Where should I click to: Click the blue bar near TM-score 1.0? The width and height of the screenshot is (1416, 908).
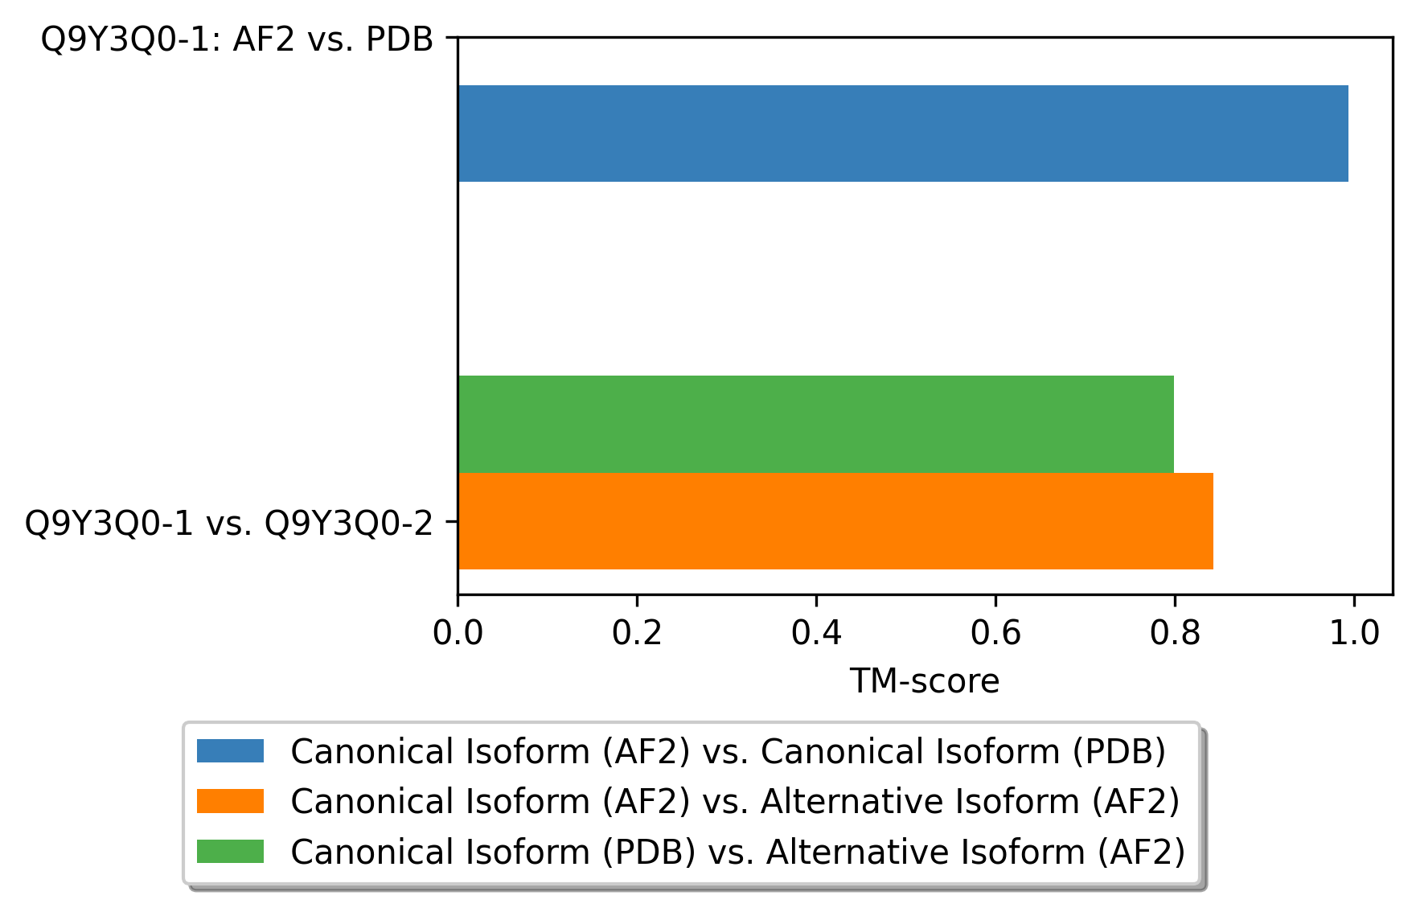click(903, 134)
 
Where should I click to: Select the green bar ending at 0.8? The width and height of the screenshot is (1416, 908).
click(816, 424)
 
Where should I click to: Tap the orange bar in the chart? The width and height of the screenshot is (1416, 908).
click(835, 521)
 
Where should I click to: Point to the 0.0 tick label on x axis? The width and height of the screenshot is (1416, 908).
click(458, 634)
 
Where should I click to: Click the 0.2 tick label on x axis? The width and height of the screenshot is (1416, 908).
click(637, 634)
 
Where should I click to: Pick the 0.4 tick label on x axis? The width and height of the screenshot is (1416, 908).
click(816, 634)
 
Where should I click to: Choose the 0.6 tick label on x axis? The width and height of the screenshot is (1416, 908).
click(995, 634)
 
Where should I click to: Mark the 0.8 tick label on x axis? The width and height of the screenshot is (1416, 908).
click(1175, 634)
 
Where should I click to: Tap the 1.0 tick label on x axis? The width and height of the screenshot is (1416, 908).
click(1354, 634)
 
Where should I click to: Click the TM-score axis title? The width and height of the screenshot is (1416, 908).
click(925, 681)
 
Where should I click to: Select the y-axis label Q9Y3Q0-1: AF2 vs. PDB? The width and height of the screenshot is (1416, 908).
click(237, 39)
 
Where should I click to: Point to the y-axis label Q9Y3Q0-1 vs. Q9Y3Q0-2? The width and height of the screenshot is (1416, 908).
click(229, 524)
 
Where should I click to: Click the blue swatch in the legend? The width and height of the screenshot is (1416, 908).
click(230, 750)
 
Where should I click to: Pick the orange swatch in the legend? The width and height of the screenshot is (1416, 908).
click(230, 801)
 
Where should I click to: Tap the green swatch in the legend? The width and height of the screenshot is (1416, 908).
click(230, 851)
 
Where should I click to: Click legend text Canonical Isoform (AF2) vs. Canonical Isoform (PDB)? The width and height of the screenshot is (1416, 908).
click(729, 752)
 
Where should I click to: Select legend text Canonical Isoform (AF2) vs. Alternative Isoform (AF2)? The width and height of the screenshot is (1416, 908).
click(735, 802)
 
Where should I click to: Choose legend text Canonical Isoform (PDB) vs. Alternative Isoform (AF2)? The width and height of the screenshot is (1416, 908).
click(738, 853)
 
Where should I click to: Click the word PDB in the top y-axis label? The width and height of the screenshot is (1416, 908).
click(400, 39)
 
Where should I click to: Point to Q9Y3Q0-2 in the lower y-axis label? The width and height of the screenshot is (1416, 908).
click(349, 524)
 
